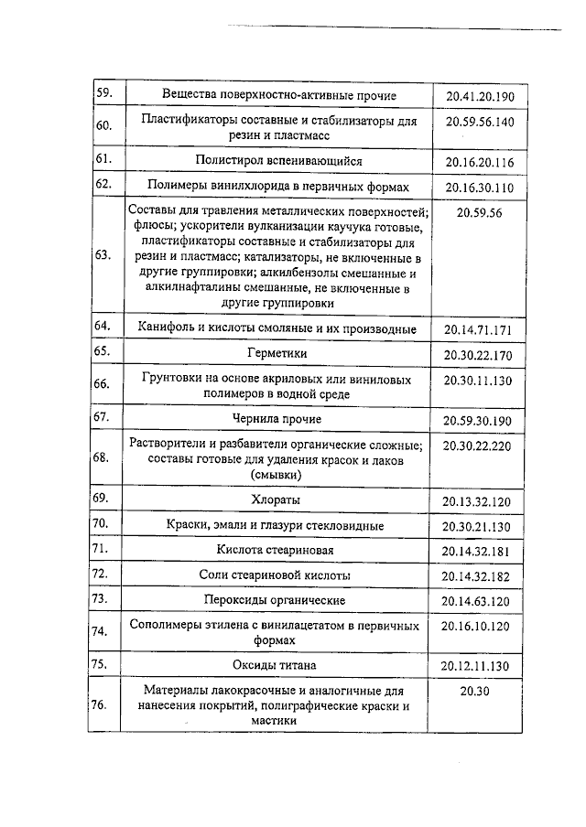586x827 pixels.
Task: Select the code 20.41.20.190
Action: click(x=480, y=95)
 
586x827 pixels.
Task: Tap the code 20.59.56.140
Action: click(x=480, y=122)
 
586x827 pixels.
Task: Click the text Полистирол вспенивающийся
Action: click(x=278, y=161)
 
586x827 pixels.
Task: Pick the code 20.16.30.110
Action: click(x=480, y=188)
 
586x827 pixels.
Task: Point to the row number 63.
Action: click(x=103, y=255)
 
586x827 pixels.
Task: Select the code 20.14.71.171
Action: click(x=480, y=328)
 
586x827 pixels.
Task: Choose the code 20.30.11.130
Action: click(x=480, y=380)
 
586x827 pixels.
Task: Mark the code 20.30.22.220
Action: click(x=480, y=446)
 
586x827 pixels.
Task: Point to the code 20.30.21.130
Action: click(x=480, y=526)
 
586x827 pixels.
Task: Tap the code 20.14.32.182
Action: click(x=480, y=575)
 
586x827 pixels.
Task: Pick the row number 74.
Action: click(x=103, y=631)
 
